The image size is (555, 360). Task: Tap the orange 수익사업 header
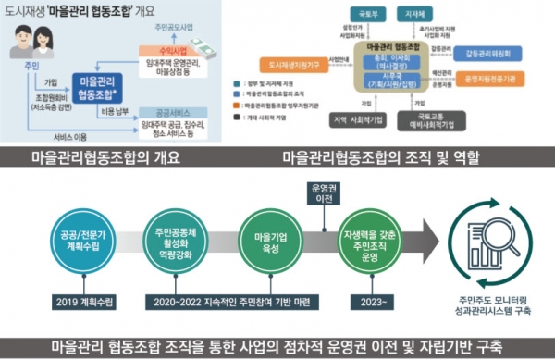pyautogui.click(x=157, y=53)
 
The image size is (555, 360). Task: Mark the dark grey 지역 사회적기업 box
pyautogui.click(x=358, y=122)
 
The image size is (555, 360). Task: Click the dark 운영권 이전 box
pyautogui.click(x=325, y=193)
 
